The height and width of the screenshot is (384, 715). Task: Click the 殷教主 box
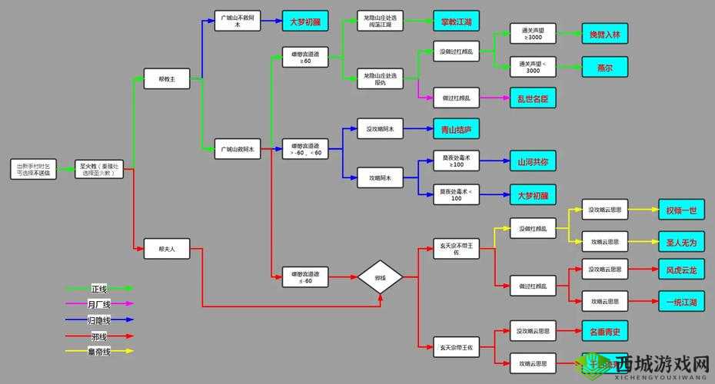[167, 78]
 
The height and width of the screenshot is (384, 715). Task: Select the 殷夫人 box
[167, 248]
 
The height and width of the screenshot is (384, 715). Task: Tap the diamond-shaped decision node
[380, 276]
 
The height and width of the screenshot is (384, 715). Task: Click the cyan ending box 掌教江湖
[456, 22]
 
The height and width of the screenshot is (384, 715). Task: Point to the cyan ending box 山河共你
[533, 161]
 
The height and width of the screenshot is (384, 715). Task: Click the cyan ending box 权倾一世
[681, 210]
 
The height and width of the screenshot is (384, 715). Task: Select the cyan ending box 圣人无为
[681, 242]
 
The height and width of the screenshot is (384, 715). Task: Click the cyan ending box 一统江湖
[681, 301]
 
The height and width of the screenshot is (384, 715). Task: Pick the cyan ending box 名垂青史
[604, 332]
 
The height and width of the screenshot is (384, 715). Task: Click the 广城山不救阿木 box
[238, 21]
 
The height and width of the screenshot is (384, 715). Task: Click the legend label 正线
[99, 289]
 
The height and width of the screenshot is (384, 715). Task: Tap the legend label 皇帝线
[99, 351]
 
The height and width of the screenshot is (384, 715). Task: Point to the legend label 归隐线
[99, 319]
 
